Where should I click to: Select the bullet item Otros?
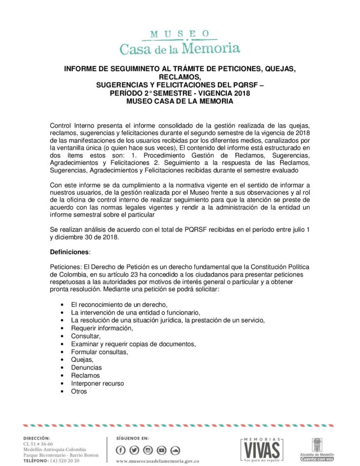[x=79, y=391]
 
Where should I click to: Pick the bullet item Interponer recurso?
[x=97, y=384]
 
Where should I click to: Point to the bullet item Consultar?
[x=86, y=335]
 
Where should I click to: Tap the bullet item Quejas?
[x=82, y=359]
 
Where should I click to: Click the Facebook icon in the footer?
[x=121, y=450]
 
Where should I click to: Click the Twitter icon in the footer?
[x=134, y=450]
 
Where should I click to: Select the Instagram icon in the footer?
[x=148, y=450]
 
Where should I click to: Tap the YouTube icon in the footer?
[x=162, y=450]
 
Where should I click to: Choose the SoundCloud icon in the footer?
[x=175, y=450]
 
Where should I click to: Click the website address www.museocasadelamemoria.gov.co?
[x=158, y=461]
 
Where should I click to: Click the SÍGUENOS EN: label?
[x=133, y=438]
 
